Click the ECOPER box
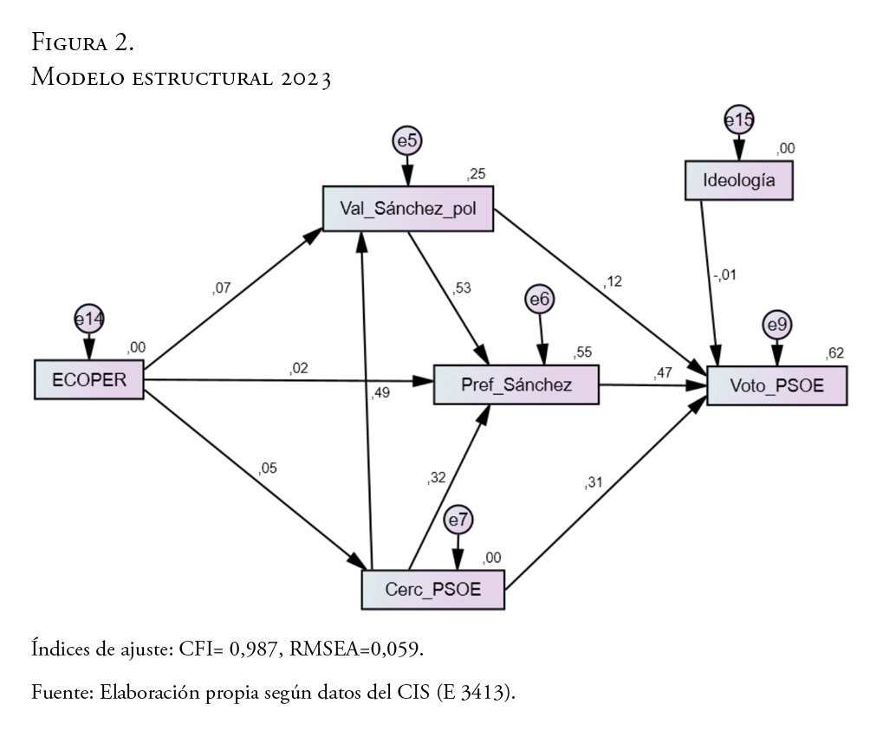[88, 378]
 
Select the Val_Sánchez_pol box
[406, 208]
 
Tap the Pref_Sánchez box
[516, 384]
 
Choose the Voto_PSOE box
[776, 385]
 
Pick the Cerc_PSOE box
[432, 590]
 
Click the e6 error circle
[540, 299]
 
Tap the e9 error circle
[776, 326]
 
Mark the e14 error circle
[88, 320]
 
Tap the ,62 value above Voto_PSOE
[835, 352]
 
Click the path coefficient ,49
[380, 394]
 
